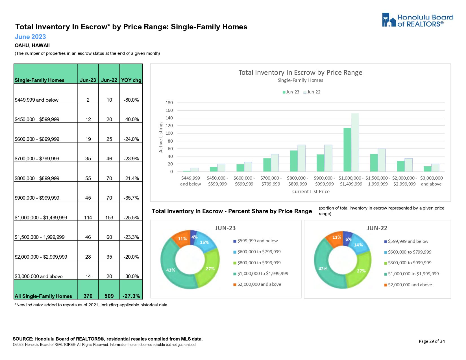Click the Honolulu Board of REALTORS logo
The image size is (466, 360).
point(417,20)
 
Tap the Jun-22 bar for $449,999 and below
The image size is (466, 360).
point(194,170)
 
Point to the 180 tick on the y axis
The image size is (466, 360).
point(169,103)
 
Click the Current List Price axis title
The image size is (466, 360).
point(311,191)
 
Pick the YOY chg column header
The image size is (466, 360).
point(131,80)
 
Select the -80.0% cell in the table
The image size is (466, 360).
point(131,100)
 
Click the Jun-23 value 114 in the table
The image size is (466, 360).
point(88,218)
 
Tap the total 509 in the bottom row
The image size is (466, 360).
point(109,296)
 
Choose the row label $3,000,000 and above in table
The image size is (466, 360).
point(39,276)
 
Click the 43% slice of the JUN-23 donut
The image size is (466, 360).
point(171,270)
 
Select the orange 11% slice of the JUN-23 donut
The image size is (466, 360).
point(182,239)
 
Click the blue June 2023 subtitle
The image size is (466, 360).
point(30,37)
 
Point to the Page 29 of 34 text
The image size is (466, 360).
point(432,341)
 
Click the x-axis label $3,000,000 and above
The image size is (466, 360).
point(431,181)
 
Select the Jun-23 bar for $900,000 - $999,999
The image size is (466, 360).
point(321,163)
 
